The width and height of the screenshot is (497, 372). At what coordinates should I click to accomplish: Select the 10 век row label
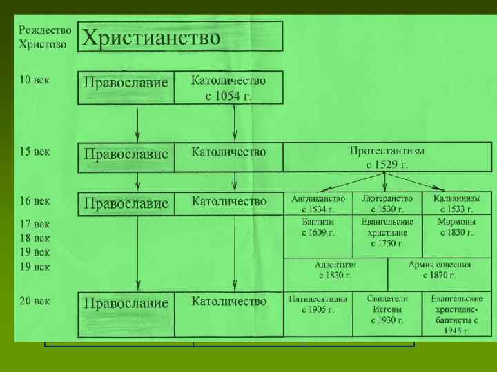click(x=33, y=80)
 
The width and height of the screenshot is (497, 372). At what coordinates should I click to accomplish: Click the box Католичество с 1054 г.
click(x=228, y=87)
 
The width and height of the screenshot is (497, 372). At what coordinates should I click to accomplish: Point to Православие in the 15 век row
click(x=126, y=154)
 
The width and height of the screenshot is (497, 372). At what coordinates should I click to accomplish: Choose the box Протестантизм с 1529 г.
click(x=387, y=157)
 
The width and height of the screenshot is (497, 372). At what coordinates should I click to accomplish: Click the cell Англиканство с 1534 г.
click(x=318, y=203)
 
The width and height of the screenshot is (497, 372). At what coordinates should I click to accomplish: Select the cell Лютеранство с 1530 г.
click(x=387, y=203)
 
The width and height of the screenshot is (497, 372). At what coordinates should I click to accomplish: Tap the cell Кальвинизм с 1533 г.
click(x=456, y=203)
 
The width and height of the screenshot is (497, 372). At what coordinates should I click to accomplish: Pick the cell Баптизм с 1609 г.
click(x=318, y=227)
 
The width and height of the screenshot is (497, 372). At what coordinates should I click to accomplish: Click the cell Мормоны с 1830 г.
click(x=456, y=227)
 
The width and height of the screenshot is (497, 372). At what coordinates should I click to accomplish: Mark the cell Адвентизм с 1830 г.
click(x=335, y=269)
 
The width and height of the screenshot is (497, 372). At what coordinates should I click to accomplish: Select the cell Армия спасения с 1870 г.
click(x=439, y=269)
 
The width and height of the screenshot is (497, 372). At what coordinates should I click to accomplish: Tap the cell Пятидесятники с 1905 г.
click(x=318, y=304)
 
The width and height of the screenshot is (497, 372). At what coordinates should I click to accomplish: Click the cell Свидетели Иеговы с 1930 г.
click(x=387, y=309)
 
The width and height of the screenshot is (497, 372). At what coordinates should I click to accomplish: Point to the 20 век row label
click(x=33, y=300)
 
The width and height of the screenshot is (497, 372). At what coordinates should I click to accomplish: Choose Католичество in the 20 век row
click(x=228, y=301)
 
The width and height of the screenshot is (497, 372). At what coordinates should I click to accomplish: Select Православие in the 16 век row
click(x=126, y=203)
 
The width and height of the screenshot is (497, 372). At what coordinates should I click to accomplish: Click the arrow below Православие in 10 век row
click(x=138, y=124)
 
